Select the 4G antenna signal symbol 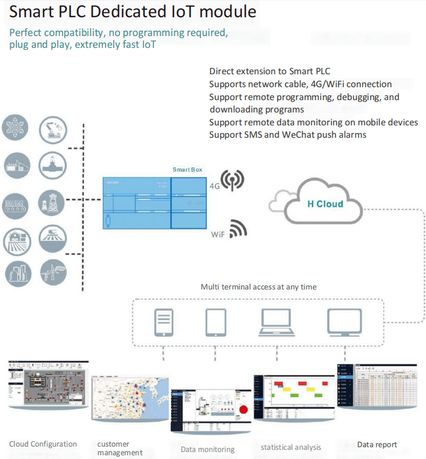click(x=233, y=180)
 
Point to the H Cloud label click(x=325, y=204)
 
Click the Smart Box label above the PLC click(x=187, y=170)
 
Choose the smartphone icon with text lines click(x=164, y=322)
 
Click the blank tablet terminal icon click(x=215, y=322)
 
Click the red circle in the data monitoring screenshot click(x=243, y=409)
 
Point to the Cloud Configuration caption click(x=43, y=444)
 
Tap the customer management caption click(x=120, y=448)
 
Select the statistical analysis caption click(x=291, y=447)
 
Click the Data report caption click(x=377, y=444)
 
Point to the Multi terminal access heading click(x=259, y=287)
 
